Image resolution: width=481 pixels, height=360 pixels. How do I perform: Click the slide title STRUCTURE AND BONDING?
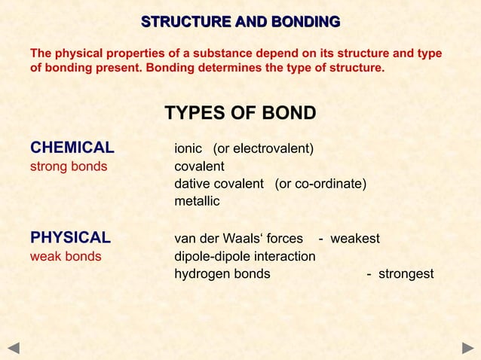pos(240,21)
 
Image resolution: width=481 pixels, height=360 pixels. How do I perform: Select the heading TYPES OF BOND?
pos(240,113)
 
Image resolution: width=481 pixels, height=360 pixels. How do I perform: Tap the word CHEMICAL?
pos(72,148)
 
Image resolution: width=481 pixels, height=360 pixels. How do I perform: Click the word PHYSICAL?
pos(70,238)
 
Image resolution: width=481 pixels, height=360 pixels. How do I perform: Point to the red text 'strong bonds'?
pos(68,166)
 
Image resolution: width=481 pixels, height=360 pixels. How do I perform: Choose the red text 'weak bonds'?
pos(65,256)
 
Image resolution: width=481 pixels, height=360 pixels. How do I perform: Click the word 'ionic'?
pos(188,148)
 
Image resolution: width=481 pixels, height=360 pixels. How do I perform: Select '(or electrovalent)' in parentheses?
pos(264,148)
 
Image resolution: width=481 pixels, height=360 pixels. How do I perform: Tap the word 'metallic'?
pos(197,201)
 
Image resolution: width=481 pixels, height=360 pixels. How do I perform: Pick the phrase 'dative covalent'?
pos(219,184)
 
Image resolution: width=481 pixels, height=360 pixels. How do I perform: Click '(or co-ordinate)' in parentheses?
pos(320,184)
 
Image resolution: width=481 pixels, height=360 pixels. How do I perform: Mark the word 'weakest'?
pos(355,239)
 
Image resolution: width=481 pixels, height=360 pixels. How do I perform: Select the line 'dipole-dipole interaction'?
pos(245,256)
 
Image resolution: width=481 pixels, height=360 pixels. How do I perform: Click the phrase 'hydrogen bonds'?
pos(222,273)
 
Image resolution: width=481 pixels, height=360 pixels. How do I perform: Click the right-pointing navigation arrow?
pos(467,347)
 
